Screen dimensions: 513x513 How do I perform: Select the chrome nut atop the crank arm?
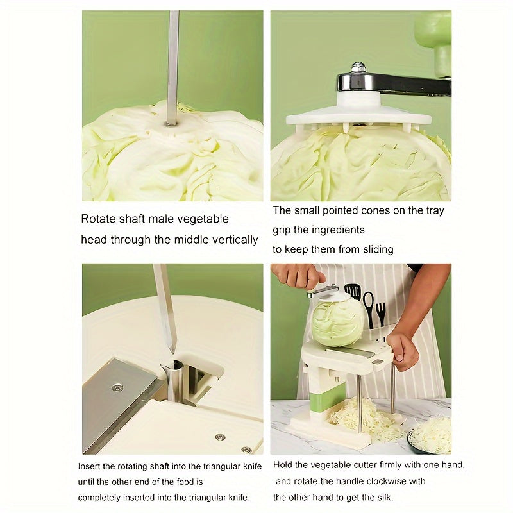click(358, 67)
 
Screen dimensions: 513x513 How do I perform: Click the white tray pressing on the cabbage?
click(359, 117)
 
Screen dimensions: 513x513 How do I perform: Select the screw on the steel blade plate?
click(117, 387)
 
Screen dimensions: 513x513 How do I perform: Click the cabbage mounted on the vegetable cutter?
click(337, 320)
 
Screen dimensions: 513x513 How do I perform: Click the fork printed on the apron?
click(381, 312)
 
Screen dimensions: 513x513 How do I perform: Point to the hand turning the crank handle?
click(298, 276)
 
